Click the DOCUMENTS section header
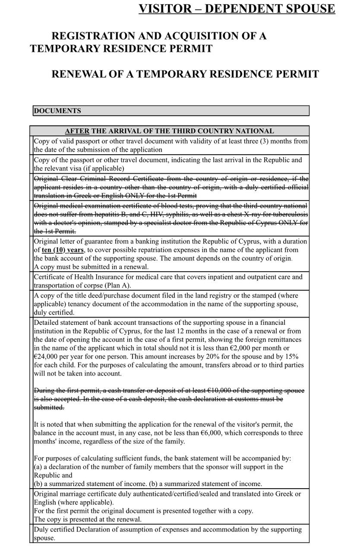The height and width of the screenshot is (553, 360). pos(57,111)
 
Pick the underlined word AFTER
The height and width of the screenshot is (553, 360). pos(77,131)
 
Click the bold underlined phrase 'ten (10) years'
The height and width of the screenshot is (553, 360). pos(63,250)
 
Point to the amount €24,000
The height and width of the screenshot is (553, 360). pos(47,357)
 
